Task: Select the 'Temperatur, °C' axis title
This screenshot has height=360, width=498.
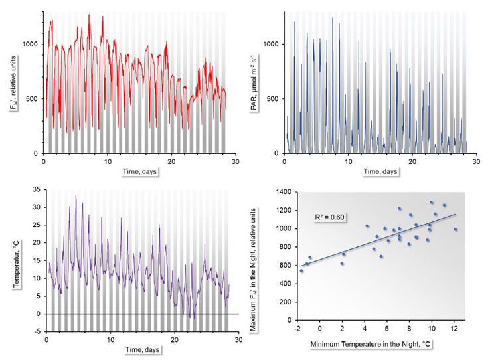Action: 14,260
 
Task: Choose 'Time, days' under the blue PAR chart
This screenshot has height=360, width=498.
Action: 380,172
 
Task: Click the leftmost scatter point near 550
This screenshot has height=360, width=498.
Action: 301,270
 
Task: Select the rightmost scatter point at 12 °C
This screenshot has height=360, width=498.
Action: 456,229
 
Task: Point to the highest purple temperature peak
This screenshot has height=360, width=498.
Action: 76,197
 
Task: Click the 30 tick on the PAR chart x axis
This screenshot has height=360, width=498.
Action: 477,162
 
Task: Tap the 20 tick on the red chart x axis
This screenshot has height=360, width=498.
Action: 171,162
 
